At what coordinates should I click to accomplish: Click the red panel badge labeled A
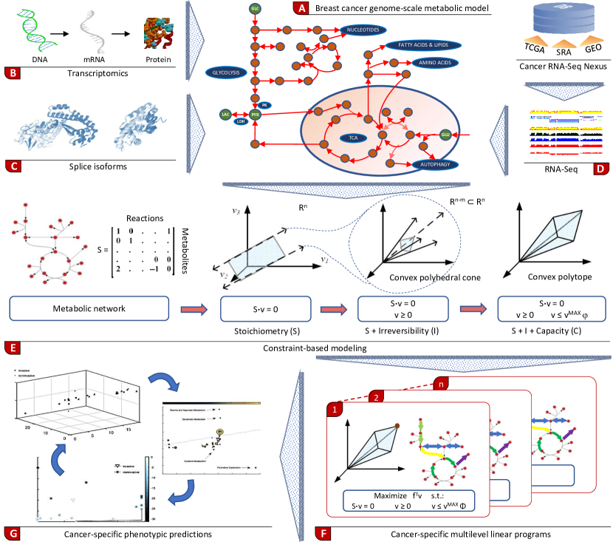pyautogui.click(x=300, y=10)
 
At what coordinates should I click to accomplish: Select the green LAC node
pyautogui.click(x=226, y=115)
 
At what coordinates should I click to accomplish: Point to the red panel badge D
pyautogui.click(x=601, y=167)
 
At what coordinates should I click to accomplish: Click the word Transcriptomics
pyautogui.click(x=89, y=74)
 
